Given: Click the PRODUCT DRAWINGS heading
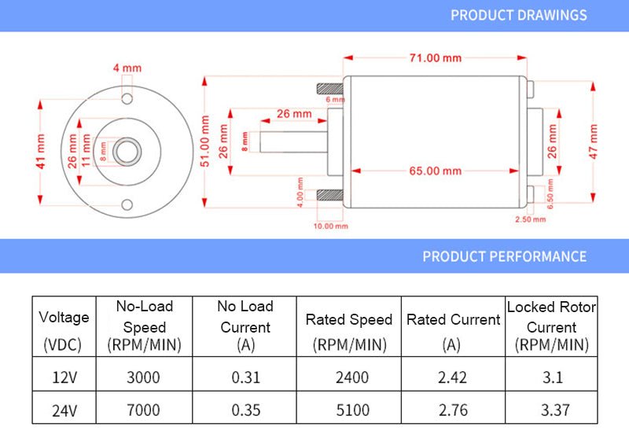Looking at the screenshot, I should pyautogui.click(x=518, y=15).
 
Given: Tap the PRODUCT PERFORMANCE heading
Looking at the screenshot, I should pyautogui.click(x=504, y=256).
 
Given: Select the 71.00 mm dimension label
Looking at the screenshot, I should pyautogui.click(x=435, y=58).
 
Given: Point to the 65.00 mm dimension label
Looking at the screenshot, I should pyautogui.click(x=435, y=171).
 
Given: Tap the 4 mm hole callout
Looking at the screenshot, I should pyautogui.click(x=127, y=68).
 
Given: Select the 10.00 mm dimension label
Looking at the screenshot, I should pyautogui.click(x=330, y=226).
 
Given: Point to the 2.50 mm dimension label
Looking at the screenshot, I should pyautogui.click(x=529, y=219).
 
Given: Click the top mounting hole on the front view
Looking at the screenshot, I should pyautogui.click(x=127, y=98).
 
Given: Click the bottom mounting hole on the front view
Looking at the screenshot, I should pyautogui.click(x=127, y=205).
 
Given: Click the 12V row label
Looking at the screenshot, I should pyautogui.click(x=64, y=377).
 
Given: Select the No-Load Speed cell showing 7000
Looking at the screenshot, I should pyautogui.click(x=143, y=410).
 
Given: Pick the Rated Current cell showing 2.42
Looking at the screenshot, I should pyautogui.click(x=452, y=377).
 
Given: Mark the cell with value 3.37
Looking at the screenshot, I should pyautogui.click(x=552, y=410).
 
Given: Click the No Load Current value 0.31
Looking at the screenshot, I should pyautogui.click(x=245, y=377).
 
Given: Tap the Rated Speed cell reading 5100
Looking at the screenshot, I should pyautogui.click(x=348, y=410).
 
